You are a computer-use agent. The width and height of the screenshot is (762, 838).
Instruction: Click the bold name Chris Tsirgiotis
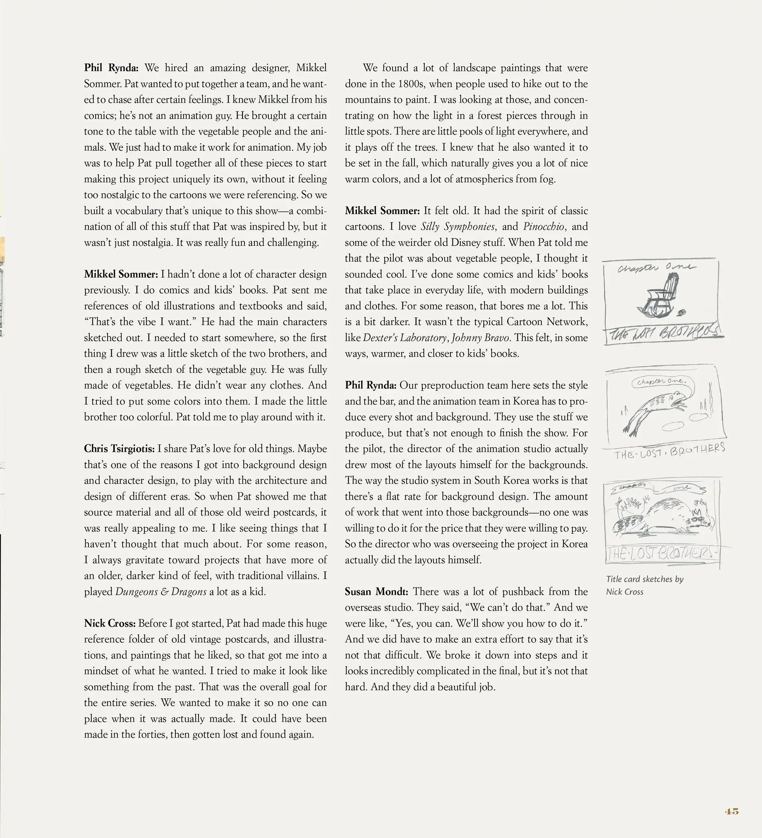[119, 449]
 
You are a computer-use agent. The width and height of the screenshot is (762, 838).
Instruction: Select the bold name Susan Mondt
[376, 592]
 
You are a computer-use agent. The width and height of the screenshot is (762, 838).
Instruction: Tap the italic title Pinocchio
[544, 227]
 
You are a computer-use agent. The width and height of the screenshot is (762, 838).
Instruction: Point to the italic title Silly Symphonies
[458, 227]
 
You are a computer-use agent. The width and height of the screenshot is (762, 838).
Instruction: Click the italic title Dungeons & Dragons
[161, 592]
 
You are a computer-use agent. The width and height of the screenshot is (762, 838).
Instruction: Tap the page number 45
[732, 811]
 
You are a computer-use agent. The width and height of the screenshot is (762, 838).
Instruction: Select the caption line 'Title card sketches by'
[645, 579]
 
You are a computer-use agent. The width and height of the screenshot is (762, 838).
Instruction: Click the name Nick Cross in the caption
[624, 592]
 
